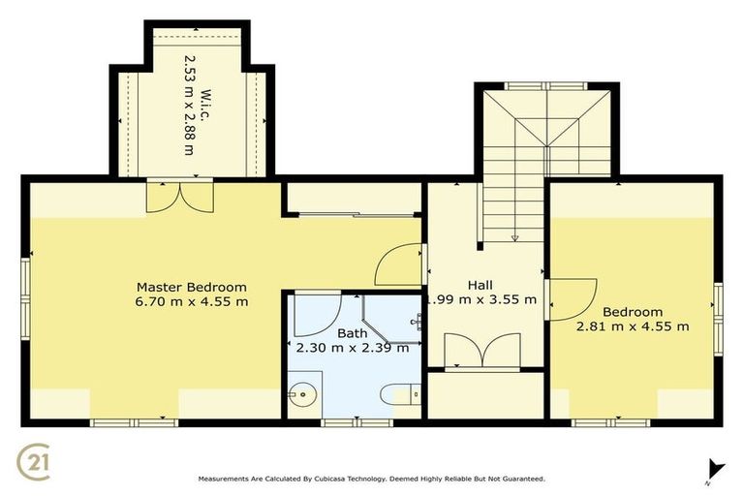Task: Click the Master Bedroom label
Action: click(191, 287)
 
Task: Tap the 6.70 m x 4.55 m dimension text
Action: click(191, 301)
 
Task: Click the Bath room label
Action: click(352, 333)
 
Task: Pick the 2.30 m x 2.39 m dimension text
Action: click(352, 348)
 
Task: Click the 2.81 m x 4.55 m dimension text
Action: click(633, 326)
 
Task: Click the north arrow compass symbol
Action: click(715, 469)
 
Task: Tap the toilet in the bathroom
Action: click(398, 393)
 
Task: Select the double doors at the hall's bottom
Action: click(481, 352)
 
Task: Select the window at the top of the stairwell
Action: click(546, 86)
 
